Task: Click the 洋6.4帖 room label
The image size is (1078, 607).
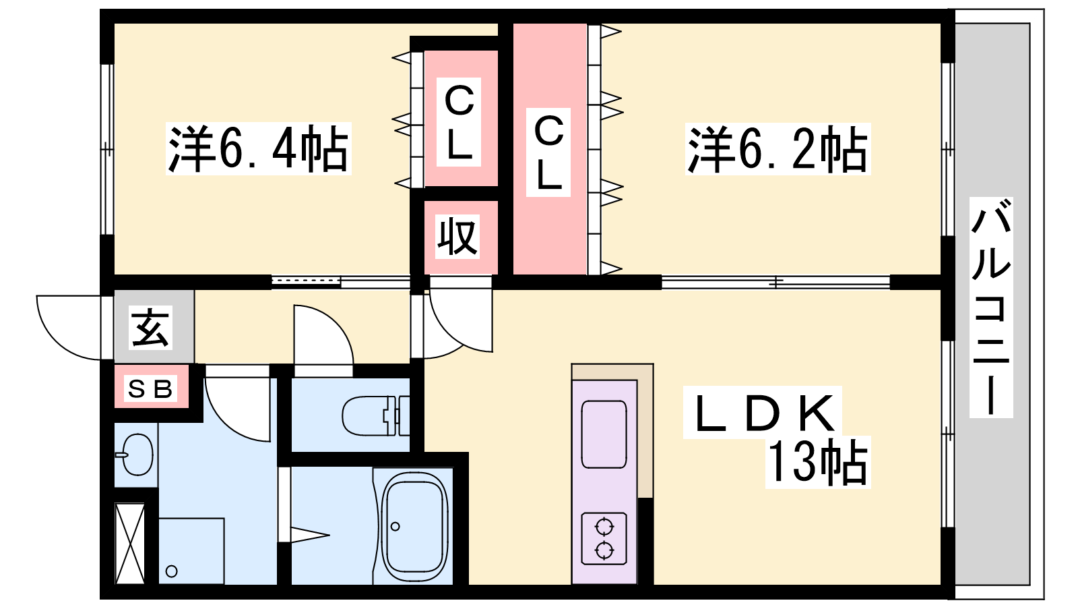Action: [259, 148]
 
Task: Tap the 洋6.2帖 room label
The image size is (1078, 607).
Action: [778, 148]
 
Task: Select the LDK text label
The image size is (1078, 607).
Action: [763, 412]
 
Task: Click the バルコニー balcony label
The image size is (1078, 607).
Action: [991, 307]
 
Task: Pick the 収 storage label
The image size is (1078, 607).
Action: [457, 237]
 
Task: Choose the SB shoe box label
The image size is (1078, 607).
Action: [150, 388]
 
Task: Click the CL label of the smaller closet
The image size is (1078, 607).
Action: [459, 122]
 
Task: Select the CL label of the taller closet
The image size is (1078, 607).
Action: [548, 152]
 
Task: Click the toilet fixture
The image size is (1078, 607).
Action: [375, 415]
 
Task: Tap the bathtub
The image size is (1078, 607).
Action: [414, 526]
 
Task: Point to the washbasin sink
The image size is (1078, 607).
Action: [135, 455]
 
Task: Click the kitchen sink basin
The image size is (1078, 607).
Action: [604, 434]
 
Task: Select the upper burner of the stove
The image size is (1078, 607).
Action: [604, 527]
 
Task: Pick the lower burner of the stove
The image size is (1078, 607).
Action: [604, 549]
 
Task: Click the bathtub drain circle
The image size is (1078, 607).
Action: [395, 527]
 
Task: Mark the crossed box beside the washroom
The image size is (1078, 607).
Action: [130, 543]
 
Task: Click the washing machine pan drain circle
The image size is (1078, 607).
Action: [171, 572]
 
